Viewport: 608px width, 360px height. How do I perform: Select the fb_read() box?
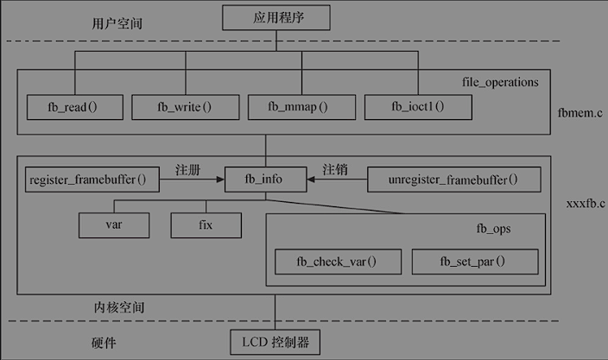tap(72, 108)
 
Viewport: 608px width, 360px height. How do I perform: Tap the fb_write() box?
tap(184, 108)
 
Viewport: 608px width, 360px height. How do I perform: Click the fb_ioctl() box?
tap(417, 108)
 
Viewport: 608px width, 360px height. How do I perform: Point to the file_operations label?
tap(500, 83)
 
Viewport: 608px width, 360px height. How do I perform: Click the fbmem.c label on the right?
tap(580, 111)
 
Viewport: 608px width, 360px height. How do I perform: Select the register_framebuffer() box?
tap(87, 180)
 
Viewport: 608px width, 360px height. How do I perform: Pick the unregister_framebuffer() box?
tap(453, 180)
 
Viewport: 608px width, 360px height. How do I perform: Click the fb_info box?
tap(266, 180)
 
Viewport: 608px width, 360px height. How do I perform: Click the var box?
tap(113, 225)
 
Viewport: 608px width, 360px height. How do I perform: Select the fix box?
tap(205, 225)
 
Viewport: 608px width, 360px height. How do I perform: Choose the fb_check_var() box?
tap(337, 262)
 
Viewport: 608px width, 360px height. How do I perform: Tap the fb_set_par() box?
tap(473, 262)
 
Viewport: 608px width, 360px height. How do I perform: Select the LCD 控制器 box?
tap(275, 343)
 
